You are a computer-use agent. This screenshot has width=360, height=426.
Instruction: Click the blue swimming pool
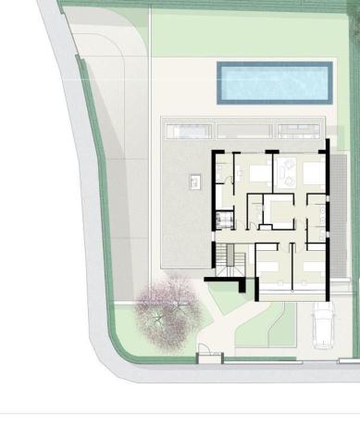(x=274, y=82)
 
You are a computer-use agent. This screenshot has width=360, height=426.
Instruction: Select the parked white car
(x=323, y=326)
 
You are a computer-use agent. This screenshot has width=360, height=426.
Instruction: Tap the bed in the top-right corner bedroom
(x=313, y=171)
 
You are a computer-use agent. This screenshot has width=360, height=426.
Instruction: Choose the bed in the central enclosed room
(x=279, y=210)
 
